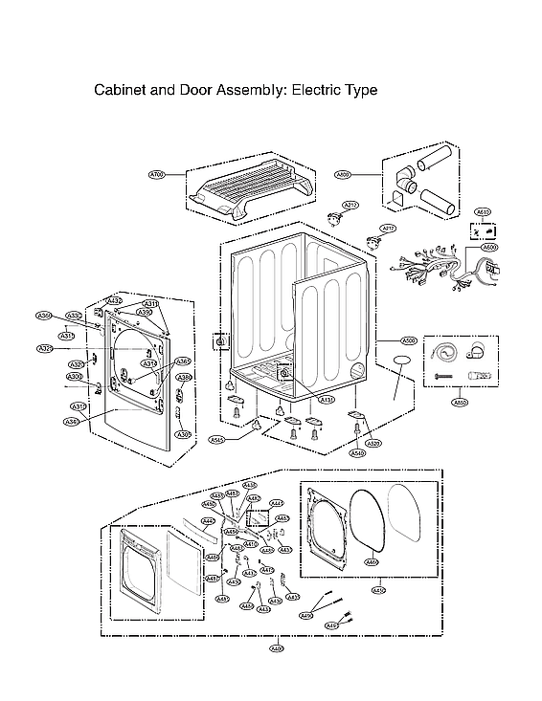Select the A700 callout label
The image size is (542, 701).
pos(158,175)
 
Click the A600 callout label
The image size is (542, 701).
pos(489,248)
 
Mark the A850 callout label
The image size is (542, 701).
pos(460,403)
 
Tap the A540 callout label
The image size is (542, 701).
pos(357,453)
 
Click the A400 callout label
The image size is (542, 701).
pos(277,650)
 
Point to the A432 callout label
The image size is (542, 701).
pos(114,301)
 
